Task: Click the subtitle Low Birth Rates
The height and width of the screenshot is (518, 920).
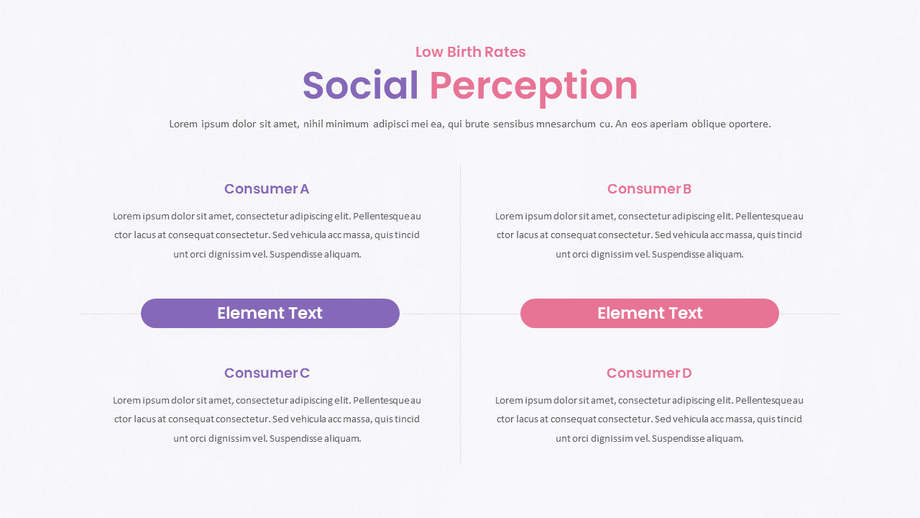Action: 470,52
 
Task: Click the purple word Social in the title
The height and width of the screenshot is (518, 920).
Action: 360,86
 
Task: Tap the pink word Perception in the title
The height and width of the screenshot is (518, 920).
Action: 533,86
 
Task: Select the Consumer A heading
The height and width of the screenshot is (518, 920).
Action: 267,189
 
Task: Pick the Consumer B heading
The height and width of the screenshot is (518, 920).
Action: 649,189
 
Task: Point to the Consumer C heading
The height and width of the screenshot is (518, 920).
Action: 267,373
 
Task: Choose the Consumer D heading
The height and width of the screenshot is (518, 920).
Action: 649,373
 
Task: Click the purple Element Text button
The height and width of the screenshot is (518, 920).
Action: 270,314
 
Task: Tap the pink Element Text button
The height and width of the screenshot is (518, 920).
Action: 650,314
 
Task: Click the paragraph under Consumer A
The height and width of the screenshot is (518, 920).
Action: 267,235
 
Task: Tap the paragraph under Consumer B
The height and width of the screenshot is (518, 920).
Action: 649,235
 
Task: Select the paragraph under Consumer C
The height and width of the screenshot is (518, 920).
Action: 267,419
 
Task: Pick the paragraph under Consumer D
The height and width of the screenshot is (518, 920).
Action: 649,419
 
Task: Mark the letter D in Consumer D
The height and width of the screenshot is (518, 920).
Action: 686,373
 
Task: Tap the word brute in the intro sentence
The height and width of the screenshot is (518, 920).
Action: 477,124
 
